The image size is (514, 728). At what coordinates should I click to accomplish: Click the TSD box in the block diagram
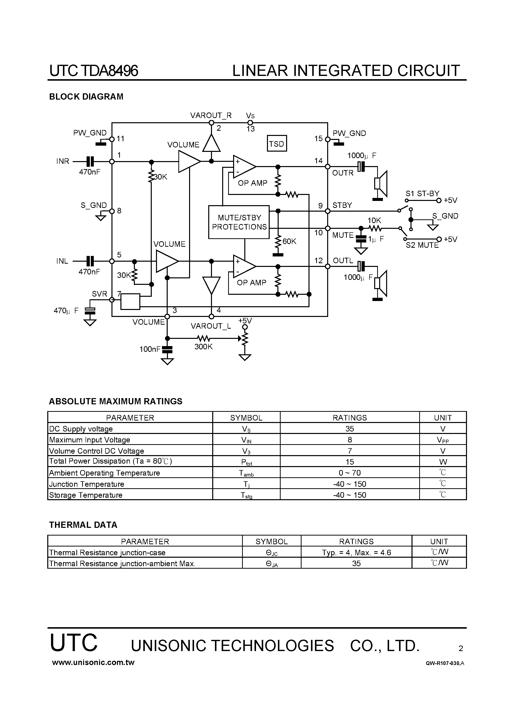[277, 144]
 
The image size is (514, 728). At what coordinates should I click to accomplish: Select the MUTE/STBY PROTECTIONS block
[239, 222]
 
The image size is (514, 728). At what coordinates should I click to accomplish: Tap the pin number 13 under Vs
[250, 129]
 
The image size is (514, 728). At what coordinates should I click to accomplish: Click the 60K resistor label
[289, 241]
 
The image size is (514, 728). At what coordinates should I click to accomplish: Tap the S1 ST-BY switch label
[422, 193]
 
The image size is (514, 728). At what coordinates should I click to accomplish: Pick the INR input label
[63, 161]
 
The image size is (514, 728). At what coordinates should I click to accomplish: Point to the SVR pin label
[100, 294]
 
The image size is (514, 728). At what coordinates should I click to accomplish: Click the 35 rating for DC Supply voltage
[350, 429]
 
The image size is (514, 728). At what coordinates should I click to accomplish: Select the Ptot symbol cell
[246, 462]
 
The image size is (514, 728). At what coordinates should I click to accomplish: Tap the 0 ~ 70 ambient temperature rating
[350, 473]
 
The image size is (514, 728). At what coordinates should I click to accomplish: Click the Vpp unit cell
[443, 440]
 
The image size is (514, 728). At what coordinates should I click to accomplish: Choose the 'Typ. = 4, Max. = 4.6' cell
[356, 553]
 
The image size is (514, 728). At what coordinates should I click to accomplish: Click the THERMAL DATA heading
[83, 525]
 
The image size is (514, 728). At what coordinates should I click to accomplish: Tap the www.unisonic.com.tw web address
[93, 662]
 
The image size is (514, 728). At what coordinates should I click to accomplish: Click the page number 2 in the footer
[461, 648]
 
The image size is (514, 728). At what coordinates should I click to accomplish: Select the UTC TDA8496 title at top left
[94, 71]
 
